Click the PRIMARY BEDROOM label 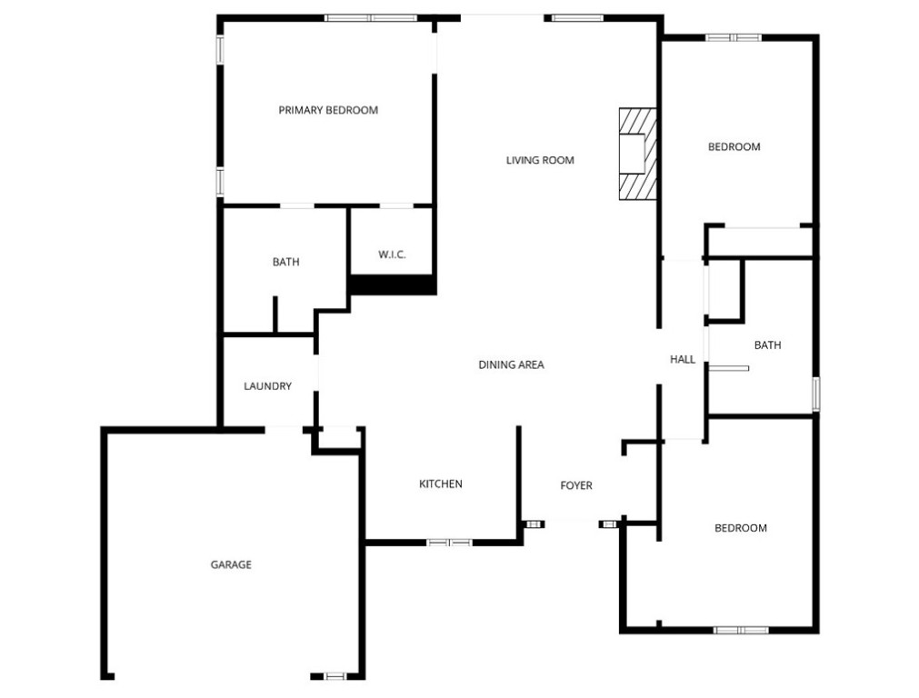tap(327, 110)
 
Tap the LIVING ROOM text tap(540, 160)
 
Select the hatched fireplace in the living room tap(637, 154)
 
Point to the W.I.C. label tap(391, 254)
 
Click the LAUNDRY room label tap(267, 386)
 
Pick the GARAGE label tap(231, 564)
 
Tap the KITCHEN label tap(440, 484)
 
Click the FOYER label tap(575, 485)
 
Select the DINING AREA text tap(511, 364)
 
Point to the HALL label tap(682, 359)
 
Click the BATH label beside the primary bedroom tap(285, 262)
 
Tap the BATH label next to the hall tap(767, 345)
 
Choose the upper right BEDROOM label tap(734, 146)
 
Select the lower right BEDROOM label tap(740, 528)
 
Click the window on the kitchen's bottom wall tap(450, 543)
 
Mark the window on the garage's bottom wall tap(335, 676)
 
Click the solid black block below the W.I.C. tap(393, 284)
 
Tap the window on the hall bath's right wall tap(816, 393)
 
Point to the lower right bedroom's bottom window tap(741, 630)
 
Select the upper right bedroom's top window tap(734, 37)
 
